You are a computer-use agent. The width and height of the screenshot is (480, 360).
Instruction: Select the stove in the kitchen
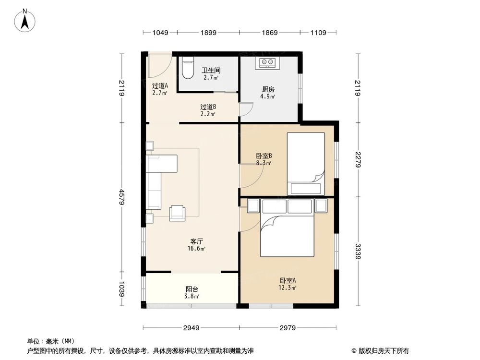click(268, 63)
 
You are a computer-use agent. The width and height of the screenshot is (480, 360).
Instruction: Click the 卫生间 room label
click(211, 70)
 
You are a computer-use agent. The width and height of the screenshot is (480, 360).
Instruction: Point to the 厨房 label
click(268, 89)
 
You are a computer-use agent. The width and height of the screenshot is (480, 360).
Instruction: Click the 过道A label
click(160, 86)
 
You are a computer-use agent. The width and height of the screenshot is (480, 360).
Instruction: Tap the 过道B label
click(208, 107)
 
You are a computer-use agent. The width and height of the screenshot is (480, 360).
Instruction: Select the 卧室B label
click(264, 156)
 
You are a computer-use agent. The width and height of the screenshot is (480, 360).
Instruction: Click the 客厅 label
click(197, 241)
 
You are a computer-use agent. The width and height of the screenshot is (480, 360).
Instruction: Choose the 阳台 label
click(192, 289)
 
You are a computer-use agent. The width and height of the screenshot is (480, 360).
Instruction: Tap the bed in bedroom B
click(306, 163)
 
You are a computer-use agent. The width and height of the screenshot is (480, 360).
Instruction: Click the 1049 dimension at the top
click(160, 33)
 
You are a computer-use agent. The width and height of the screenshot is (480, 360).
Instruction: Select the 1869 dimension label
click(269, 33)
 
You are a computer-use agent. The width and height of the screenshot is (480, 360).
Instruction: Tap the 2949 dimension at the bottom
click(191, 328)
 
